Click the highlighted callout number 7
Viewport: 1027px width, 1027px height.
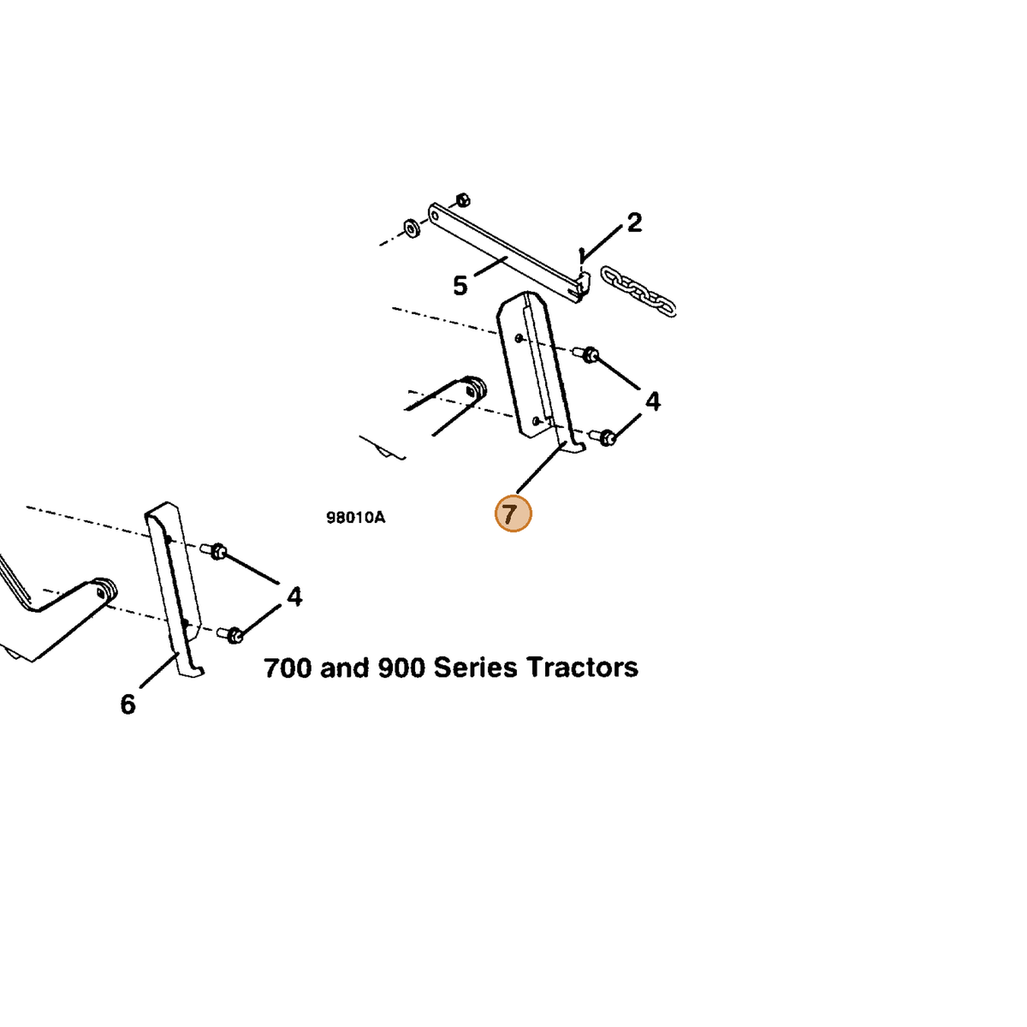pos(512,513)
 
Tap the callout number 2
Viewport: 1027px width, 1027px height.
pos(633,223)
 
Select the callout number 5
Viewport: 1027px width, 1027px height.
pos(460,286)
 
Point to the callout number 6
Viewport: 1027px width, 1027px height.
pos(128,704)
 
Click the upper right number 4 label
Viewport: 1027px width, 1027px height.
pos(652,401)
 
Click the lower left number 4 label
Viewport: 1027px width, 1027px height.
pos(294,597)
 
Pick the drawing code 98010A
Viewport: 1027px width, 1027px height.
pos(355,517)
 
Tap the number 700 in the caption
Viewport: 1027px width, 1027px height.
pos(288,668)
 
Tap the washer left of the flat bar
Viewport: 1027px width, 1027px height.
pos(412,229)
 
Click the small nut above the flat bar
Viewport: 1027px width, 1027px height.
pos(463,200)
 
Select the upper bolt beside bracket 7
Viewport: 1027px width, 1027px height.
pos(585,353)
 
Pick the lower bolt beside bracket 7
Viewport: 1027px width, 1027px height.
pos(603,437)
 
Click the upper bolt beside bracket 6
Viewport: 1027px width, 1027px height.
pos(214,550)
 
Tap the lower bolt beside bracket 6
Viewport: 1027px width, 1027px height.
pos(230,634)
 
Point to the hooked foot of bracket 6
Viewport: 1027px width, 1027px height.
pos(192,670)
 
